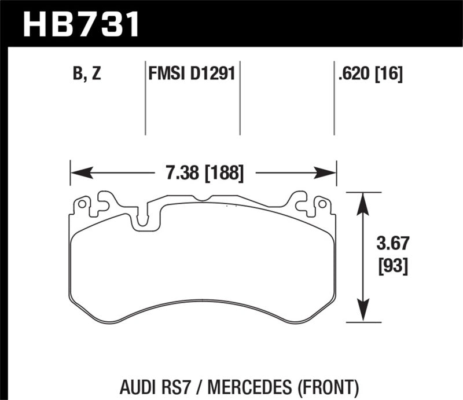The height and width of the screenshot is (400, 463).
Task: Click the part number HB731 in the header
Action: coord(80,24)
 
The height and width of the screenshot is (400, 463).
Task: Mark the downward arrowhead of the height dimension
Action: coord(363,313)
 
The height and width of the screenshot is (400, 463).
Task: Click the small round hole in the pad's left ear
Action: coord(82,204)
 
